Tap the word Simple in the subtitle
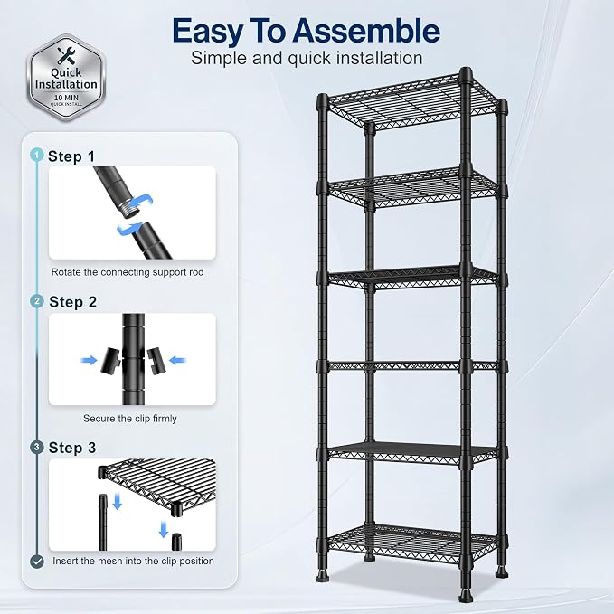point(219,59)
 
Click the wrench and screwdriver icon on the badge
point(66,55)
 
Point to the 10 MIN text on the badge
point(66,97)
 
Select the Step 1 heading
point(71,156)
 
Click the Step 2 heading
point(73,302)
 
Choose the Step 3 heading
point(72,448)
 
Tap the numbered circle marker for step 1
point(36,155)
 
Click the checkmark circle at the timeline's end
point(37,562)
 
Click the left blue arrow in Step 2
point(89,360)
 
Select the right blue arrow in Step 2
point(178,360)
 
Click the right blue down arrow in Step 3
point(164,529)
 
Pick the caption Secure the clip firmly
point(130,418)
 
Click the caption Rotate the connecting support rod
point(128,272)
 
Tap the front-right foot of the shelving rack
point(465,593)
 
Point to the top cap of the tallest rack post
point(466,72)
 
